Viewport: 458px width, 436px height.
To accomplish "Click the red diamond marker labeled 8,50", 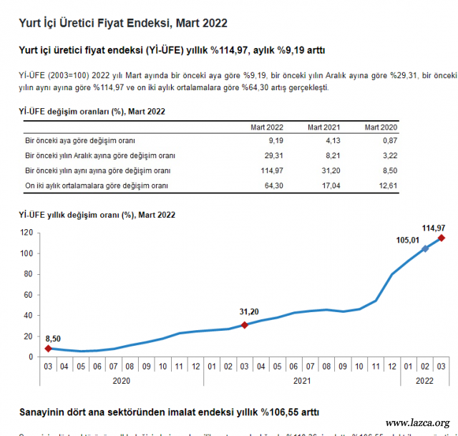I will click(48, 349).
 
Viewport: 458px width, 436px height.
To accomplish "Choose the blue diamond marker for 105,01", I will click(425, 248).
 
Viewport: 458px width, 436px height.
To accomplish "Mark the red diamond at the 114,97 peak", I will click(442, 238).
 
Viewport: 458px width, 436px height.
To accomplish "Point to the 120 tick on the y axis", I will click(27, 233).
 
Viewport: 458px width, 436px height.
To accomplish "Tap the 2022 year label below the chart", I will click(425, 382).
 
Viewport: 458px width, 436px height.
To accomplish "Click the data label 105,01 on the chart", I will click(407, 241).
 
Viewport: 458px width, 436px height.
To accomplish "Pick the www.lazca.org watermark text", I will click(417, 422).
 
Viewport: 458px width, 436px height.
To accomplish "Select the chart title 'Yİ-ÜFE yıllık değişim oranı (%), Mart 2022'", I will click(97, 215).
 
